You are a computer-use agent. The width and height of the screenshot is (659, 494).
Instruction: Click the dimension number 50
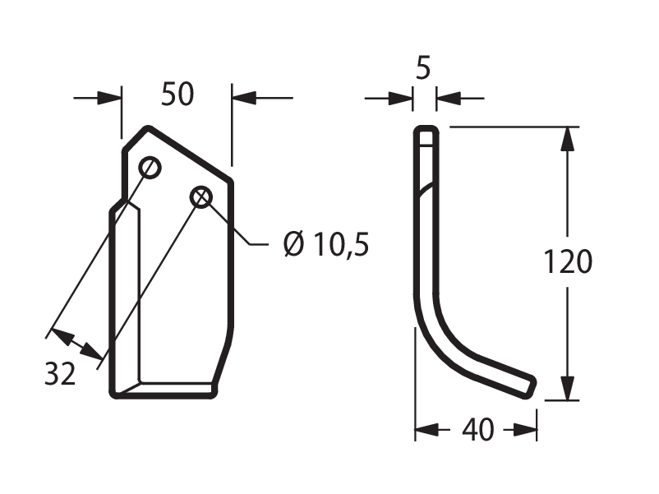177,95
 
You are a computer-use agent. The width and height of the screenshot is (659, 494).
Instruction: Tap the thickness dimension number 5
423,68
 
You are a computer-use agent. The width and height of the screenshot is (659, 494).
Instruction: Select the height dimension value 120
568,261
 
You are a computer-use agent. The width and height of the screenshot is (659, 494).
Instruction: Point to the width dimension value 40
478,430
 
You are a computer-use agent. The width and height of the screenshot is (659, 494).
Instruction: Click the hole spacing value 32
60,373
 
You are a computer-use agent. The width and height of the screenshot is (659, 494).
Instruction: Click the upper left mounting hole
150,168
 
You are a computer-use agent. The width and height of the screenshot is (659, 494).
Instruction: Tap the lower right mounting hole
200,196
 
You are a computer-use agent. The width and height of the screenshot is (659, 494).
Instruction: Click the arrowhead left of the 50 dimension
109,98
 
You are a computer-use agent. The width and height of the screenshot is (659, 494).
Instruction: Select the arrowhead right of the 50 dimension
244,98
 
